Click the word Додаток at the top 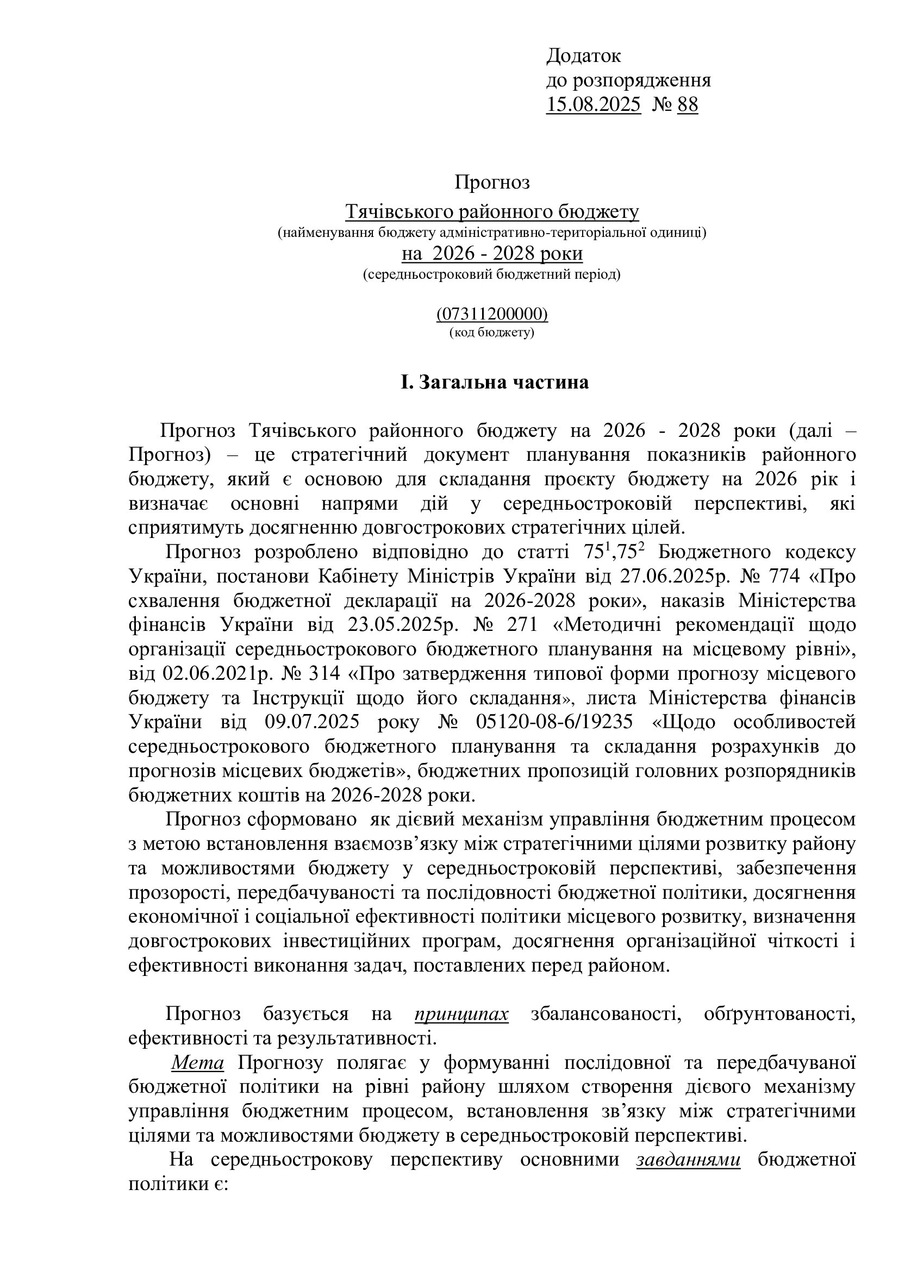pos(583,56)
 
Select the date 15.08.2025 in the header pos(593,105)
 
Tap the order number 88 pos(688,105)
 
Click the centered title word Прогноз pos(492,182)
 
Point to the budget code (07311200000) pos(492,315)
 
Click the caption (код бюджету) pos(492,333)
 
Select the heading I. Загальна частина pos(495,383)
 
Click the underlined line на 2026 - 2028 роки pos(492,254)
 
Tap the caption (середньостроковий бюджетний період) pos(492,274)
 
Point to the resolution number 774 pos(782,577)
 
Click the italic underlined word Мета pos(198,1063)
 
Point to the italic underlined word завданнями pos(688,1159)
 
